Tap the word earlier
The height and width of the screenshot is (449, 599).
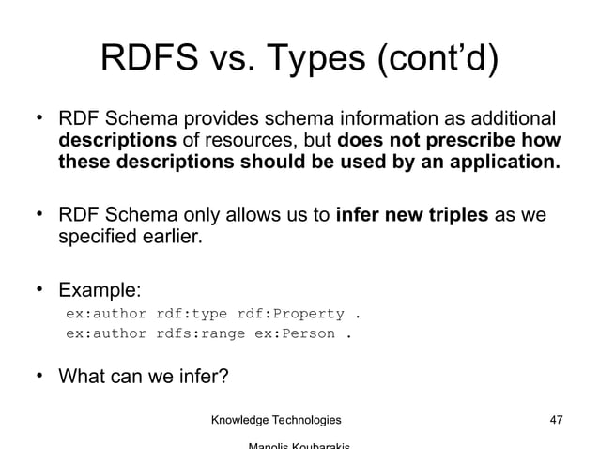tap(173, 237)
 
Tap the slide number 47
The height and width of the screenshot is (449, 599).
tap(555, 418)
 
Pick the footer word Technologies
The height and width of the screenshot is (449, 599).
tap(309, 418)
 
